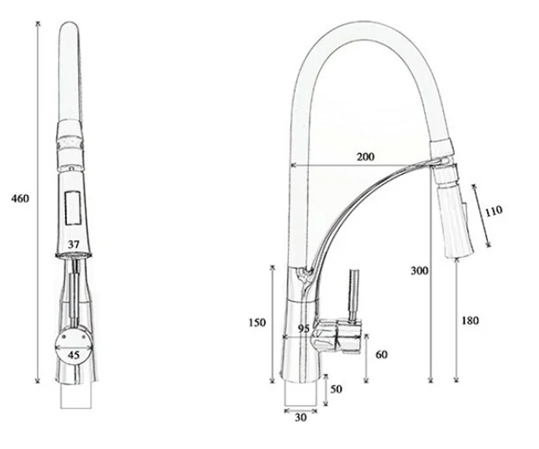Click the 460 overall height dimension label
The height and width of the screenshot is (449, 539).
[x=20, y=199]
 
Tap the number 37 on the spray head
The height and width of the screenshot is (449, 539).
[x=74, y=244]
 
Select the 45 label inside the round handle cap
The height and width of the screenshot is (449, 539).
[x=74, y=355]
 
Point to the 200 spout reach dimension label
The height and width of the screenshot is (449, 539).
[x=366, y=157]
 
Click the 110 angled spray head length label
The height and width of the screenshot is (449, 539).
[x=494, y=211]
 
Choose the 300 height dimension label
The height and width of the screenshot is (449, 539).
[x=420, y=271]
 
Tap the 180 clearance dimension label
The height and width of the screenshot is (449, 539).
[x=470, y=321]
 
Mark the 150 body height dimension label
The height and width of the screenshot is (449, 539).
[x=257, y=322]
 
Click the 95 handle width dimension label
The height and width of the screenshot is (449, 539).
[x=304, y=329]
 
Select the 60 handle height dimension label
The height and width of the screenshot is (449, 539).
[x=381, y=355]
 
